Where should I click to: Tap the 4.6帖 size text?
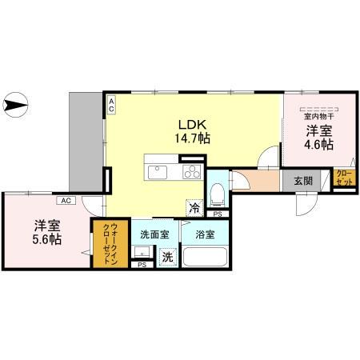tap(318, 146)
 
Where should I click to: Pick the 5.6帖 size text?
tap(47, 238)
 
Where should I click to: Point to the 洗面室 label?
tap(154, 234)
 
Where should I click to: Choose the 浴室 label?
tap(204, 234)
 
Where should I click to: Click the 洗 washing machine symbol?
tap(168, 258)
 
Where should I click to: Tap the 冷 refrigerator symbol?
tap(194, 206)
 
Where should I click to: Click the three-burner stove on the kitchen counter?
tap(192, 171)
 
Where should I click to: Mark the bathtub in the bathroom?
tap(206, 258)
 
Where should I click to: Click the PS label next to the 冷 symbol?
tap(218, 214)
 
